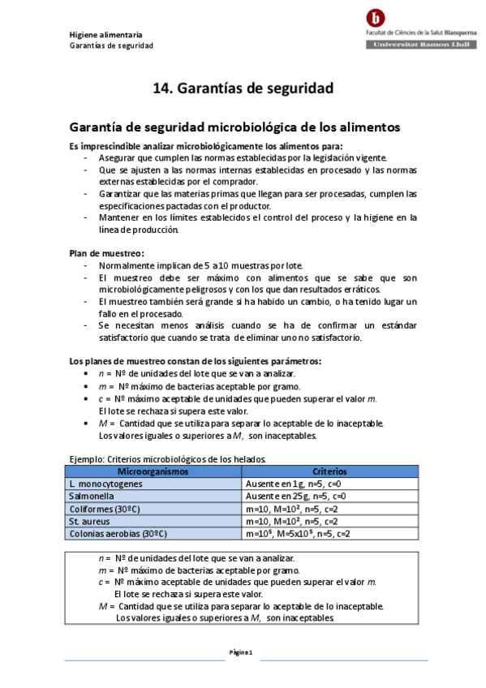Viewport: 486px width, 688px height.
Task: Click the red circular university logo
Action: pos(376,17)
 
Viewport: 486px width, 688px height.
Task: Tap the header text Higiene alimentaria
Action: pos(106,35)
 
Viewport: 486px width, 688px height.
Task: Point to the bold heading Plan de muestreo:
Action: pos(106,254)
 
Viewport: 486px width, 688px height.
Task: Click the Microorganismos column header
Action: pos(153,471)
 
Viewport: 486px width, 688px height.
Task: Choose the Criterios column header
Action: pos(329,471)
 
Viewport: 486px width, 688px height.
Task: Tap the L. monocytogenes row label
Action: pos(105,484)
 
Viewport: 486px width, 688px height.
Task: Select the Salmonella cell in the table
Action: pos(91,496)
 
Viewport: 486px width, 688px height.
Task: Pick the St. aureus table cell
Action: pos(88,521)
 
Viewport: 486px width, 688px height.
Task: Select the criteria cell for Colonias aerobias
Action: pos(298,534)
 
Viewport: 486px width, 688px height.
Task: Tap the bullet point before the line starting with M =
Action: pos(87,424)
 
